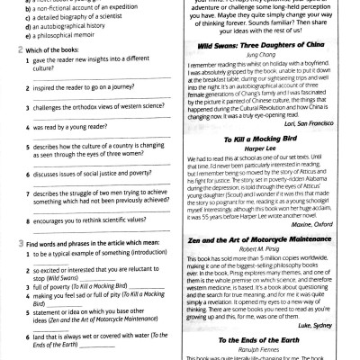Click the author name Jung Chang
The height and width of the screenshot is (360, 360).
click(265, 77)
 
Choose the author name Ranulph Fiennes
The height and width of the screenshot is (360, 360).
click(265, 349)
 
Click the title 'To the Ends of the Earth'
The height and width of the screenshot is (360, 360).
click(265, 340)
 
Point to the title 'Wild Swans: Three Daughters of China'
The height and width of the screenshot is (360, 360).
click(265, 68)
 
